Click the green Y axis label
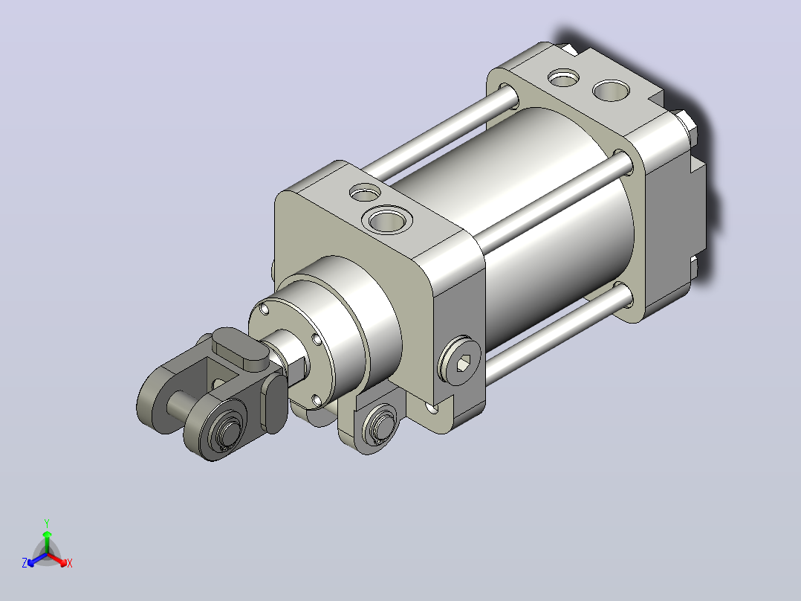coord(47,523)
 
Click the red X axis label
coord(70,563)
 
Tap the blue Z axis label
coord(25,563)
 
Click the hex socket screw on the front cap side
coord(459,361)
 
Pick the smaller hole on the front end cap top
coord(366,193)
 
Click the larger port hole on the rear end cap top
coord(611,91)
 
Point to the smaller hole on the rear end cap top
coord(563,78)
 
